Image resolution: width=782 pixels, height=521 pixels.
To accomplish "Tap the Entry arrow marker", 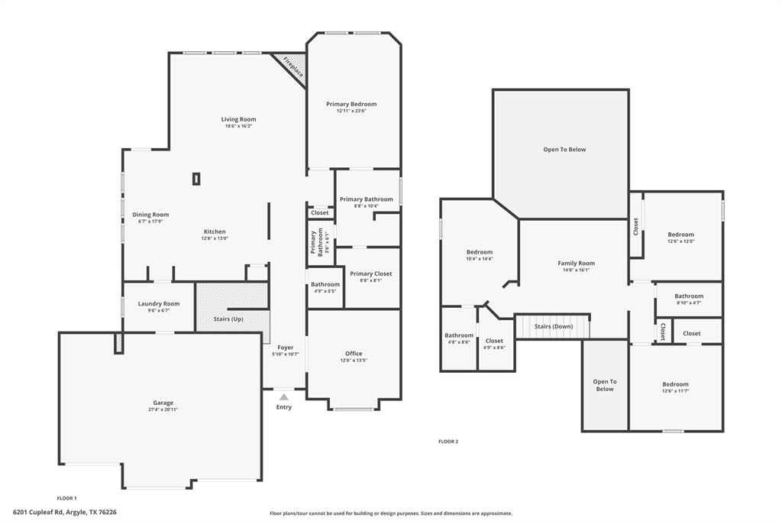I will [283, 396].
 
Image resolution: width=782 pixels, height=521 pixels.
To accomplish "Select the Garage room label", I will [163, 403].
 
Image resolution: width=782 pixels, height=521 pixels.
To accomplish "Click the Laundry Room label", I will [159, 303].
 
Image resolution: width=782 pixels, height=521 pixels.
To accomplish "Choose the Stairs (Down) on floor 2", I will [553, 326].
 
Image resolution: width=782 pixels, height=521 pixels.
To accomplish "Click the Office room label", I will [354, 353].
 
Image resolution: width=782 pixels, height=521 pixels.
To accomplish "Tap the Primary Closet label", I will [370, 273].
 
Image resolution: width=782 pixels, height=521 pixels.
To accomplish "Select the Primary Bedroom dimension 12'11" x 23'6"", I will [351, 111].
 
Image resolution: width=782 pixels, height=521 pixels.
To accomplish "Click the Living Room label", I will [238, 119].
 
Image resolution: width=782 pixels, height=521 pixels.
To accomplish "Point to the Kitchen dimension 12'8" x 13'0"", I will [215, 238].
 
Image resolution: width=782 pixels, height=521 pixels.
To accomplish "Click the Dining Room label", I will [150, 215].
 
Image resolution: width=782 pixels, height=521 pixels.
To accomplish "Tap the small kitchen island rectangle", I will [196, 179].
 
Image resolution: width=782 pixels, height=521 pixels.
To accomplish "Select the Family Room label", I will [576, 263].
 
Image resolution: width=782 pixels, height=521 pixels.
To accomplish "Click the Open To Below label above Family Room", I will [564, 149].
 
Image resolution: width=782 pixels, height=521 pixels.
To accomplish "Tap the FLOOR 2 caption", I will [448, 441].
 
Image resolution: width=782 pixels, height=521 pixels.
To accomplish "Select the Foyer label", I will [285, 348].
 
